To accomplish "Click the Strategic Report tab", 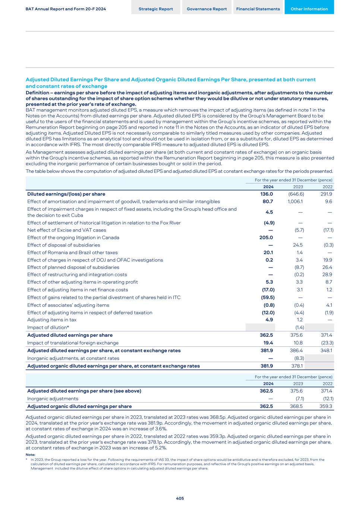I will [x=156, y=9].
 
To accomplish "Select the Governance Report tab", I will [x=206, y=9].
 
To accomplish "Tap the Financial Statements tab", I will [x=258, y=9].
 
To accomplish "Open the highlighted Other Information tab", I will [x=309, y=9].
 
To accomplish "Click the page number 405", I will [x=180, y=498].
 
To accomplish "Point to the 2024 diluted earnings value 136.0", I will [x=266, y=194].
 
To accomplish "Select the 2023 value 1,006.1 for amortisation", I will [x=295, y=201].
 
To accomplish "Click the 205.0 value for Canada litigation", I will [x=266, y=238].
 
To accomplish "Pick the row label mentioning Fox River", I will [x=104, y=223].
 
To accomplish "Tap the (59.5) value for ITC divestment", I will [x=268, y=297].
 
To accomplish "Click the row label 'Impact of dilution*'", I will [x=48, y=327].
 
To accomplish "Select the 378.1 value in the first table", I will [x=297, y=366].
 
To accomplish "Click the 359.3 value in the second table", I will [x=326, y=406].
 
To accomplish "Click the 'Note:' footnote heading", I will [x=30, y=455].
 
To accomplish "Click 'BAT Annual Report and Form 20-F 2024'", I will [x=66, y=9].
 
